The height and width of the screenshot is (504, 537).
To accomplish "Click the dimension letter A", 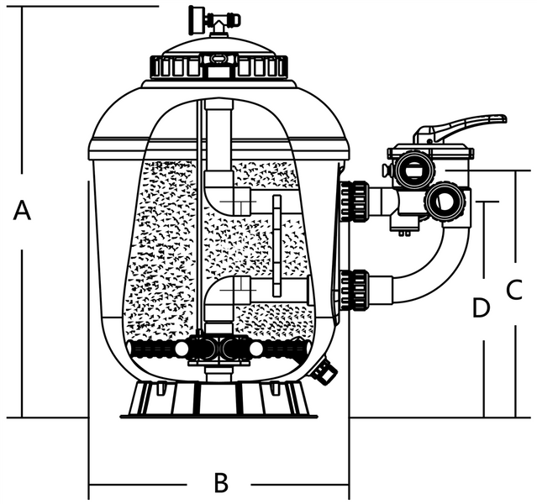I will coord(23,211).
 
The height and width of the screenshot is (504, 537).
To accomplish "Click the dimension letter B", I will coord(220,483).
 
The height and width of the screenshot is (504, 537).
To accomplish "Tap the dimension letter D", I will coord(481,308).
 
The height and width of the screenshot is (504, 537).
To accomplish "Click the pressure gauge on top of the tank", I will coord(197,16).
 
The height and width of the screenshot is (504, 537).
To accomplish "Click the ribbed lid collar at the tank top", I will coord(218,66).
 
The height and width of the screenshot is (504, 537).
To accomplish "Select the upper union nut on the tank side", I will coord(355,200).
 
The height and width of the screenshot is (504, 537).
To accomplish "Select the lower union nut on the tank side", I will coord(355,290).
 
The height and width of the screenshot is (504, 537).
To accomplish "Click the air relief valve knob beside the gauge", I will coord(228,19).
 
